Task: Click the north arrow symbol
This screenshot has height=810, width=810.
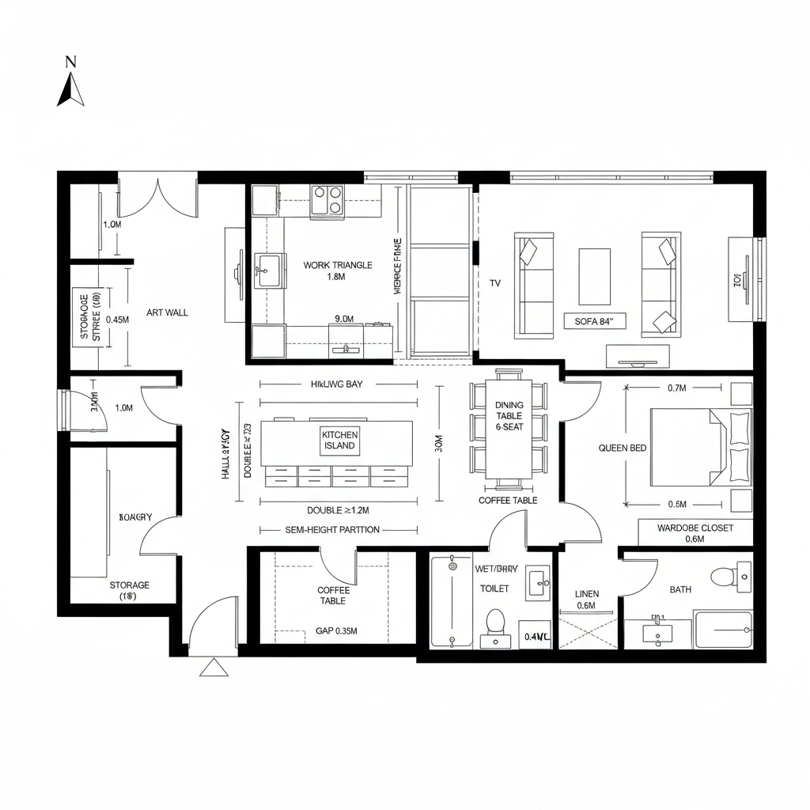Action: (70, 88)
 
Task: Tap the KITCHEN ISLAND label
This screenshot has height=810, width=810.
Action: (340, 440)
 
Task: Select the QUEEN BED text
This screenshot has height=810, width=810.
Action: (623, 448)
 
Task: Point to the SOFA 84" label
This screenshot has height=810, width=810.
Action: (595, 321)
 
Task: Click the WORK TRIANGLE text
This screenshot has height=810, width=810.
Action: (338, 266)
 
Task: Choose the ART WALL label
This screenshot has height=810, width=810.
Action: (168, 312)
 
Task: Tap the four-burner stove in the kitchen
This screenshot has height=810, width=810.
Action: (328, 200)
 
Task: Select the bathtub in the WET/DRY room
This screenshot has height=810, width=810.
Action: (452, 601)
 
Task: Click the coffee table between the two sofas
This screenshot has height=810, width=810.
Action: (594, 276)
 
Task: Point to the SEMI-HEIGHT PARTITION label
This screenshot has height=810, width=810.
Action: (331, 529)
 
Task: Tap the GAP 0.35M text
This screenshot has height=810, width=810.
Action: (336, 631)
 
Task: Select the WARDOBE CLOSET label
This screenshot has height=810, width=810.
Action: (695, 528)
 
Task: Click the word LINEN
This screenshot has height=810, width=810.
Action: (587, 593)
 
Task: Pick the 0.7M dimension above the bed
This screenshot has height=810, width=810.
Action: (676, 388)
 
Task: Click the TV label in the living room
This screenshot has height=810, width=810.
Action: (495, 282)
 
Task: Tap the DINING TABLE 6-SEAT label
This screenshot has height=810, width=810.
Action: (509, 415)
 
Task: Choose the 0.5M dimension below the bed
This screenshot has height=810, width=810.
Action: (676, 504)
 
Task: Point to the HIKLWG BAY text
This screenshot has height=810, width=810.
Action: (336, 384)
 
